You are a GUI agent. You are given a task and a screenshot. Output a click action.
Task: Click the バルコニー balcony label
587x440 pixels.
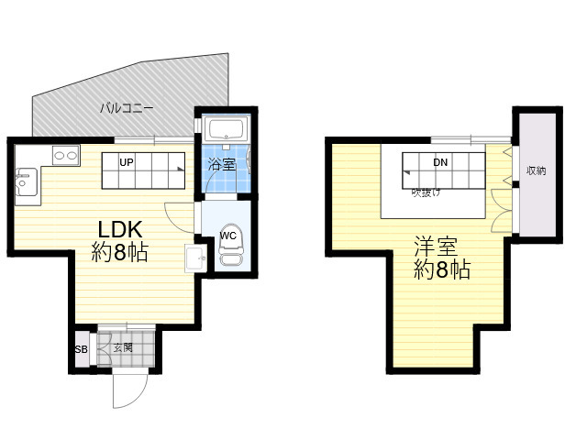[x=127, y=108]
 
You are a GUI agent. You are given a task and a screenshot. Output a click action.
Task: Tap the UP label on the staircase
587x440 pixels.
[x=127, y=162]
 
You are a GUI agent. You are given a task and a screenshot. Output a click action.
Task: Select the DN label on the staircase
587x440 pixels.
[x=440, y=162]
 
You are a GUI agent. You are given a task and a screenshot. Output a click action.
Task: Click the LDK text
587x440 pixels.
[x=120, y=229]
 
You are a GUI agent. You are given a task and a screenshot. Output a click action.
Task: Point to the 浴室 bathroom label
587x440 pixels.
[x=222, y=164]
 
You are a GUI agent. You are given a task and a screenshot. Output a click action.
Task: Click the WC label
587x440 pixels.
[x=228, y=236]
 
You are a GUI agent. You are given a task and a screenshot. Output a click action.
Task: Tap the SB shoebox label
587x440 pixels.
[x=82, y=349]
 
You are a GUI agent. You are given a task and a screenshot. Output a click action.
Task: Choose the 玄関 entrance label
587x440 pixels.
[x=123, y=347]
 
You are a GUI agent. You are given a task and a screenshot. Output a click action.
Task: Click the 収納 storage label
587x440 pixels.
[x=537, y=171]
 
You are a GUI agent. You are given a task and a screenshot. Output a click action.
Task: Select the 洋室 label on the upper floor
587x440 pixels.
[x=436, y=247]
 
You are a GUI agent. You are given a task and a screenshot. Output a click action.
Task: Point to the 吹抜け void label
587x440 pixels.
[x=426, y=192]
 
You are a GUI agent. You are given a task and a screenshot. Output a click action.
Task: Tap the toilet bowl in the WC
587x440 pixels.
[x=230, y=245]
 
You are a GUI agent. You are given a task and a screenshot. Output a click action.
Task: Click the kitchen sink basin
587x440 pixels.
[x=27, y=181]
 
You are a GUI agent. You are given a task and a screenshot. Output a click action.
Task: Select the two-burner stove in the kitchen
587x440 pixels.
[x=66, y=155]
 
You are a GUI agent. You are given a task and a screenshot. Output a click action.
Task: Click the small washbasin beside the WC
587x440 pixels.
[x=195, y=258]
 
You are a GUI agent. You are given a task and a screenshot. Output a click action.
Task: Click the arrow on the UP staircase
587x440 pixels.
[x=181, y=169]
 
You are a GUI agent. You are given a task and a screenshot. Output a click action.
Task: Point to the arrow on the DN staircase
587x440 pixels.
[x=406, y=173]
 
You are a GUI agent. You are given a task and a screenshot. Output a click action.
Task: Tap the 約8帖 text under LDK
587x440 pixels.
[x=120, y=252]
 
